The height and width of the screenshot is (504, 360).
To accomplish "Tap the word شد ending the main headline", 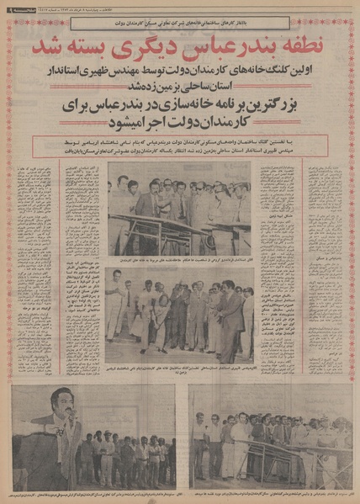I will coord(61,43).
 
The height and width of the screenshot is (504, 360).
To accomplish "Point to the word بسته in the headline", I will coord(102,43).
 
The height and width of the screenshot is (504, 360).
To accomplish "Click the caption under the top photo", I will coord(180,259).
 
